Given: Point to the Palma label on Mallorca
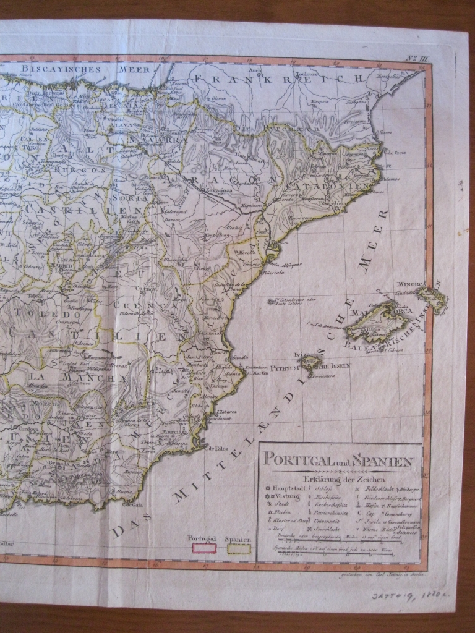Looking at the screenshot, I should (x=373, y=329).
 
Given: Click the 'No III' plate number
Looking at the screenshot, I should (x=413, y=59).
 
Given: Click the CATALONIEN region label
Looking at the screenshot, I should (x=337, y=186).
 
